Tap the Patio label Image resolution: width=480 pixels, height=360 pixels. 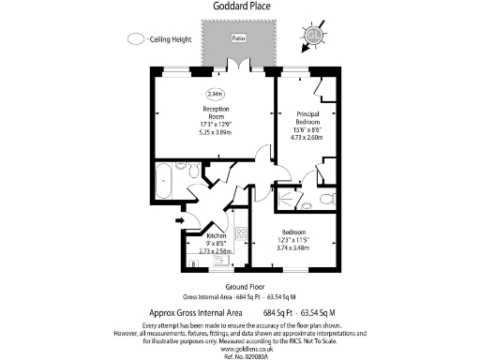(238, 38)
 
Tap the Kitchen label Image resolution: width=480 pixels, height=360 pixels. (217, 236)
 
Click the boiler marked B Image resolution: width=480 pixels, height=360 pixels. (194, 265)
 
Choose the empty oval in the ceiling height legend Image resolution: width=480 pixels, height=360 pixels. (137, 39)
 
